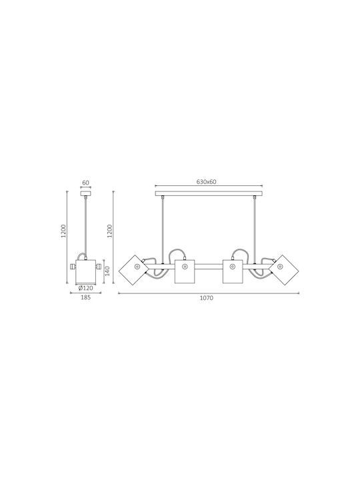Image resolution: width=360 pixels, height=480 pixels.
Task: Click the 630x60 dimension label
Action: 206,181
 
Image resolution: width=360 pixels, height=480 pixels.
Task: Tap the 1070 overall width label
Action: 206,298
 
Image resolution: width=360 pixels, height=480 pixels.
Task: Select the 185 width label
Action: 86,297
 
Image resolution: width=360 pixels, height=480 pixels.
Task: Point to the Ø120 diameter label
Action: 85,288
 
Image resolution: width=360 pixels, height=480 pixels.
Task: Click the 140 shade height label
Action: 107,271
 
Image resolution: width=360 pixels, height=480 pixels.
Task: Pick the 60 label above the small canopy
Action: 86,183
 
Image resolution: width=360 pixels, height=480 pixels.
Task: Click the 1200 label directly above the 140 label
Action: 109,231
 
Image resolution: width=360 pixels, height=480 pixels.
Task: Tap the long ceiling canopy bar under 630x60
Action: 209,193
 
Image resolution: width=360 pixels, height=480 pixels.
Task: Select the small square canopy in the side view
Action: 86,193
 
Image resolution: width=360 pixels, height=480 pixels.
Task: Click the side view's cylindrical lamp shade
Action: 86,272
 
